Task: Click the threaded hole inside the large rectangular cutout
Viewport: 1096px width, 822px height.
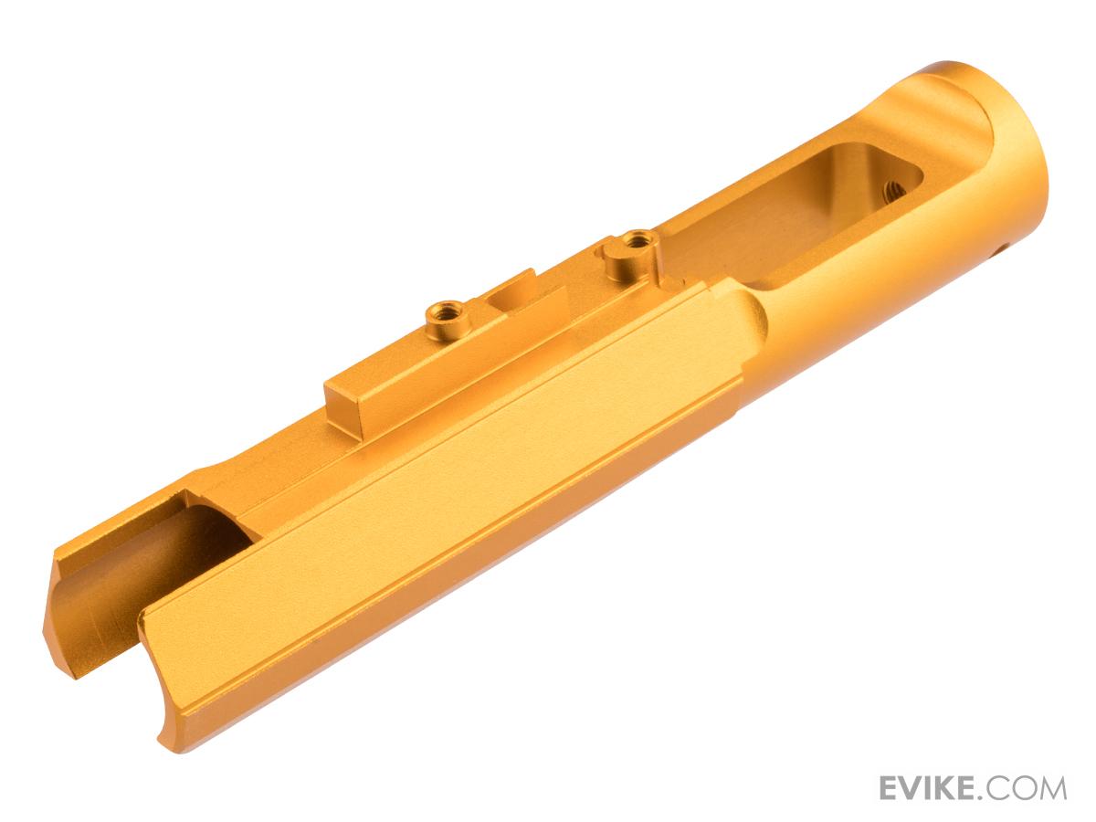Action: (895, 191)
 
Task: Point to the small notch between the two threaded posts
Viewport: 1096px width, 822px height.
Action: (514, 293)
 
